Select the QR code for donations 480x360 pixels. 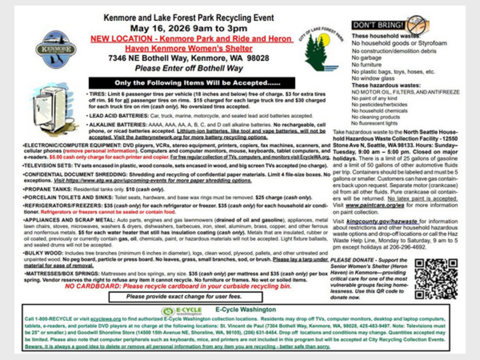(x=436, y=279)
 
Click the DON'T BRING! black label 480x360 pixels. (x=378, y=25)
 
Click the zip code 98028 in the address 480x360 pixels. (x=258, y=58)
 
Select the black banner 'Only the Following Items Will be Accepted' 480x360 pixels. (x=192, y=83)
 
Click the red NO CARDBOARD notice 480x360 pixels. (x=178, y=287)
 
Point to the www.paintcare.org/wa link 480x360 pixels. (x=374, y=205)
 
